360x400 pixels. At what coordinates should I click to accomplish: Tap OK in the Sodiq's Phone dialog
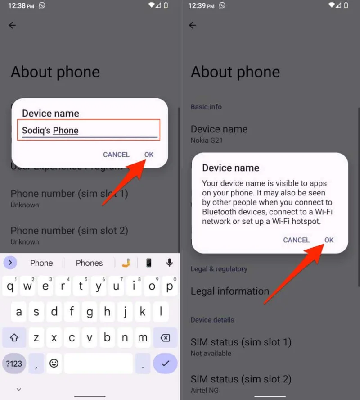[149, 155]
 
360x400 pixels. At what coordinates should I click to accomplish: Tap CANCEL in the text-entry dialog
[116, 155]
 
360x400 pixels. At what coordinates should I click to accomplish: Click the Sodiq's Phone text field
[89, 131]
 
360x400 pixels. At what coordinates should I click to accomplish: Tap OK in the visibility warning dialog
[329, 240]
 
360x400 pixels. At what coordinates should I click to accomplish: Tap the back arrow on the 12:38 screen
[12, 25]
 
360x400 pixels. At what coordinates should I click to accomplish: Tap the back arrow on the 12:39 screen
[193, 25]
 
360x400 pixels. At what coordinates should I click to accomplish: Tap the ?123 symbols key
[14, 363]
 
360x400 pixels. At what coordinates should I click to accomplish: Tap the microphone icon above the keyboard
[170, 263]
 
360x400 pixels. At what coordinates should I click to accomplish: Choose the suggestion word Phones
[89, 263]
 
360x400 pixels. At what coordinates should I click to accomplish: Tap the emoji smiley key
[54, 363]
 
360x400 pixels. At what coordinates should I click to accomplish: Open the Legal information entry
[229, 291]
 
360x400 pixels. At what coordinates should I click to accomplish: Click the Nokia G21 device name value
[207, 140]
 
